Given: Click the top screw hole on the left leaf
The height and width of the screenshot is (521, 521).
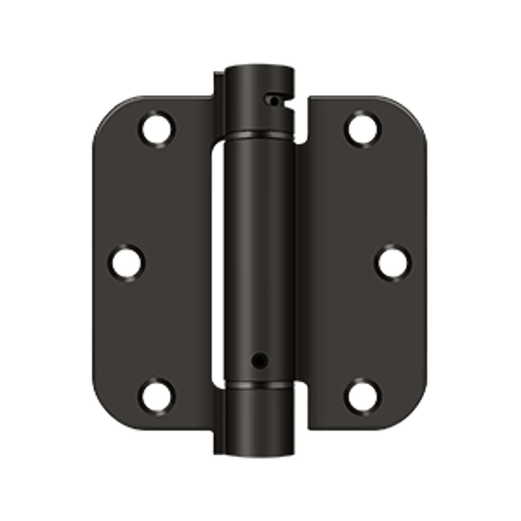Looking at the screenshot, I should tap(157, 129).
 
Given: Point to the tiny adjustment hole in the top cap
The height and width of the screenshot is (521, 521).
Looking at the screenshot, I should tap(274, 101).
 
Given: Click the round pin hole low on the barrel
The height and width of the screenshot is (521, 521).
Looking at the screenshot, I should tap(260, 360).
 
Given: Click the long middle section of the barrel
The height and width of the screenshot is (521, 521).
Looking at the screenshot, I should tap(259, 251).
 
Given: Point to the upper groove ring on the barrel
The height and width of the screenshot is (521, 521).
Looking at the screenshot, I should tap(259, 135).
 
